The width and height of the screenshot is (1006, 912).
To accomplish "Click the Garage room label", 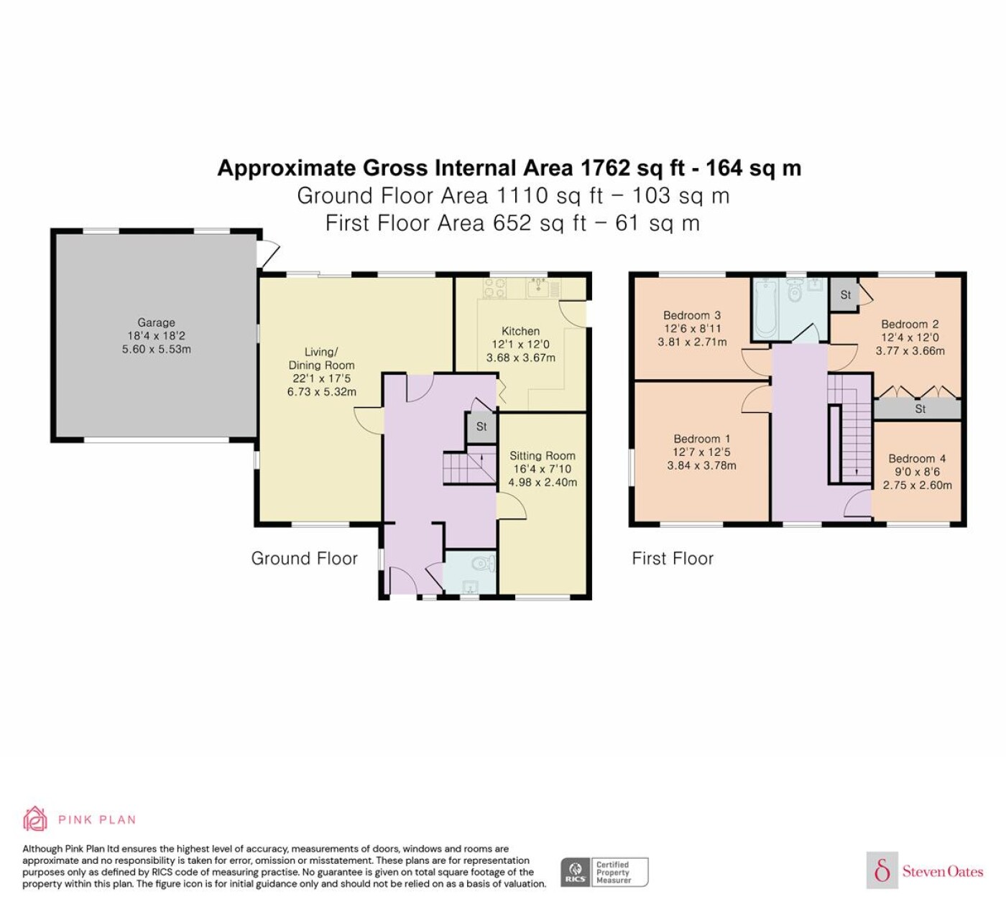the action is click(x=156, y=322).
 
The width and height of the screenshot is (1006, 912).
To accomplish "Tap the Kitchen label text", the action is click(x=520, y=331).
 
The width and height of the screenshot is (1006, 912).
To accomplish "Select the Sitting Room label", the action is click(x=542, y=456).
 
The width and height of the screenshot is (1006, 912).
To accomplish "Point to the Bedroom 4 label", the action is click(x=917, y=458).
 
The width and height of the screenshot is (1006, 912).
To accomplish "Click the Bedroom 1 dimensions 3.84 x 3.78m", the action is click(x=701, y=465).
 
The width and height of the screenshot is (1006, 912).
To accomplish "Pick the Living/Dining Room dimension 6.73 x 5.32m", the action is click(x=321, y=391).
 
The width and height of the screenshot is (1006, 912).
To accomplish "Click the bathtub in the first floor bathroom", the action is click(x=765, y=309).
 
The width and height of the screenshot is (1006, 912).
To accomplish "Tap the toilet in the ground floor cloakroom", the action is click(x=484, y=563).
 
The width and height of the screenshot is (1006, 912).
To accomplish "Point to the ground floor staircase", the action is click(x=470, y=468).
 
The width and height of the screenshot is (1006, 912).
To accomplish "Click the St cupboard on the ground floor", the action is click(x=481, y=427).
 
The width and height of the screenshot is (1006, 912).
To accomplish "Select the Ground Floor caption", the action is click(x=305, y=559).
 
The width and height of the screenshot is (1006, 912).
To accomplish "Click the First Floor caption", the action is click(x=673, y=559).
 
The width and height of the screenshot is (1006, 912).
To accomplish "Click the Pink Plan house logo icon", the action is click(x=35, y=819).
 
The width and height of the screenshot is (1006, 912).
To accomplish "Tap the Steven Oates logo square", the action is click(x=882, y=870).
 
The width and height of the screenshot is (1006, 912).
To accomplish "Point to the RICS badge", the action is click(x=604, y=872).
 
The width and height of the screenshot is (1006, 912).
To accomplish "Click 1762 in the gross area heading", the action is click(x=605, y=168).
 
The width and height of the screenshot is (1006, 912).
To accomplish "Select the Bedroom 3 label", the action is click(x=692, y=315).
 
